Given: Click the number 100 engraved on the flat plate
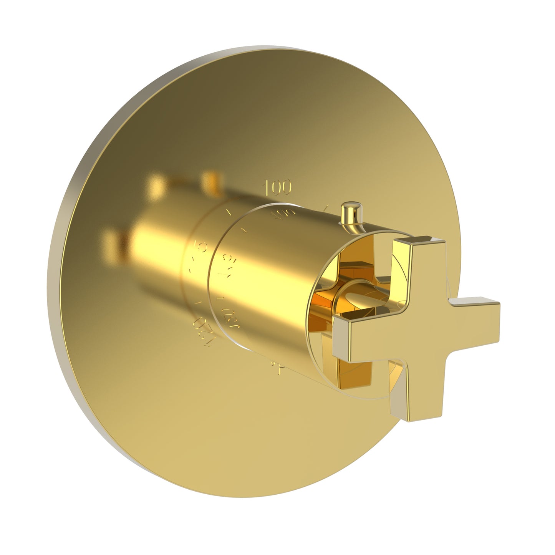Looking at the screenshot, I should [x=277, y=187].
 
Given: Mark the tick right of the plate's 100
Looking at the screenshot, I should [x=325, y=208].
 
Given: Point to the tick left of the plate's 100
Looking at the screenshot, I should [x=229, y=211].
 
